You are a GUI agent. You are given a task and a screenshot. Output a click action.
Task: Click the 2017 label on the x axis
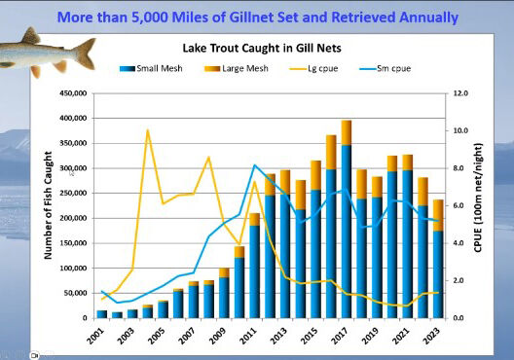pos(342,336)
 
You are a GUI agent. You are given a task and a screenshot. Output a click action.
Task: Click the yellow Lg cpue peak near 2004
pos(147,130)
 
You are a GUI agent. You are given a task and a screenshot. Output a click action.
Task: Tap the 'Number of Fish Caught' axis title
pos(47,207)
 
